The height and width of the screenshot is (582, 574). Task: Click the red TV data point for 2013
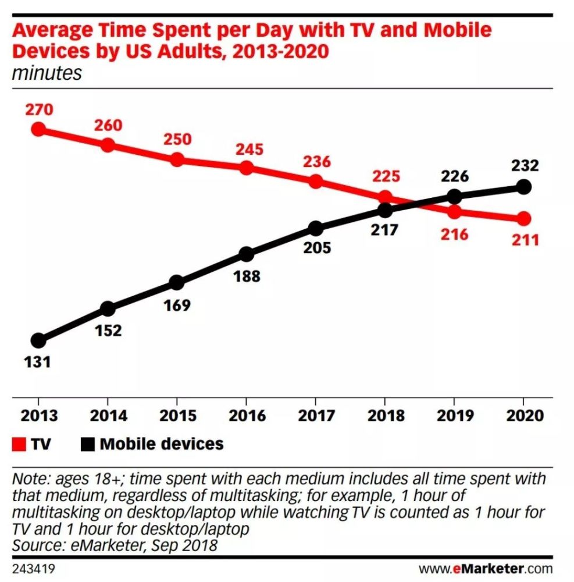click(38, 129)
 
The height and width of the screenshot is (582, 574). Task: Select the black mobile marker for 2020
click(523, 187)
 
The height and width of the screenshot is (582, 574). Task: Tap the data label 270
click(39, 109)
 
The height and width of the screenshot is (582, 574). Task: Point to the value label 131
click(38, 361)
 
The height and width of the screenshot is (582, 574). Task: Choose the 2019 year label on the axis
click(454, 416)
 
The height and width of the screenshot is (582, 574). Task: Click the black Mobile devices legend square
click(87, 445)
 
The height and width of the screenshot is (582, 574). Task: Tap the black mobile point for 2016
click(246, 254)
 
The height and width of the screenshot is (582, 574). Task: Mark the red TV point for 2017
click(316, 181)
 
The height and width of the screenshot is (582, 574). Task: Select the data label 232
click(523, 166)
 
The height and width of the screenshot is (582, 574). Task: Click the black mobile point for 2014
click(108, 308)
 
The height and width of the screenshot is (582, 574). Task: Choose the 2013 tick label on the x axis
click(38, 416)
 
